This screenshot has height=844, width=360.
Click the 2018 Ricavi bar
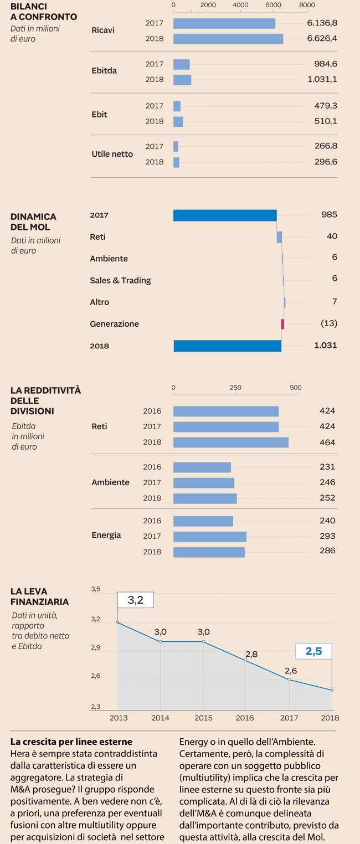click(x=228, y=39)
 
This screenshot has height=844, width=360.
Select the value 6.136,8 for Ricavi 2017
click(x=322, y=23)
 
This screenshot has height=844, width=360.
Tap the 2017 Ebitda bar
click(x=181, y=64)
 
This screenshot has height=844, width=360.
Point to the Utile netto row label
click(x=112, y=154)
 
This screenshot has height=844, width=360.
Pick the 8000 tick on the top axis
click(x=307, y=5)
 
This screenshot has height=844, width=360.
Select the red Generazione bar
click(x=282, y=324)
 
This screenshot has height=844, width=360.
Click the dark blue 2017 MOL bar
click(x=225, y=215)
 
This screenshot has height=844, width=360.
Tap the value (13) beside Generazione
click(x=329, y=323)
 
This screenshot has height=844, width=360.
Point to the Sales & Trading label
click(x=120, y=280)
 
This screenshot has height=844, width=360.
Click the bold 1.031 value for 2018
click(x=325, y=346)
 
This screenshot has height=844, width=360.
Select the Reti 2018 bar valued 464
click(x=230, y=442)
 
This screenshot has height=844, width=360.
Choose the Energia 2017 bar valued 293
click(x=209, y=537)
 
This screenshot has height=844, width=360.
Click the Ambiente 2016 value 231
click(x=327, y=467)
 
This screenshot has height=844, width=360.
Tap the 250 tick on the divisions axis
click(x=235, y=388)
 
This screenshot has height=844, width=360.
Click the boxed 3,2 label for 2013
click(x=135, y=600)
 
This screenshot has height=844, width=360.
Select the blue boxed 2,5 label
click(x=313, y=651)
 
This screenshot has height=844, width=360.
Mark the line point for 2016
click(x=245, y=660)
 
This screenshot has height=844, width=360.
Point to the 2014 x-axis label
click(x=161, y=718)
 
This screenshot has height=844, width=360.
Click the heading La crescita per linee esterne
click(x=71, y=742)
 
